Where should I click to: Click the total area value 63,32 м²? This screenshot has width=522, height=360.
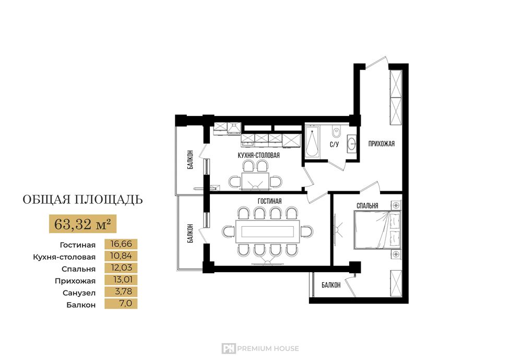click(x=82, y=224)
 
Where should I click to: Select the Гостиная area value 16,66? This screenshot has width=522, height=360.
click(x=121, y=244)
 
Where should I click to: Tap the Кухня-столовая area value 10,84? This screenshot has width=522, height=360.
click(x=121, y=256)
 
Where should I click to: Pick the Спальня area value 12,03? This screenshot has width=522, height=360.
click(x=121, y=268)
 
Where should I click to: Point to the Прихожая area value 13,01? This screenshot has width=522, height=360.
click(x=121, y=280)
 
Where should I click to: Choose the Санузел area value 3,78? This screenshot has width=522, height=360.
click(x=123, y=292)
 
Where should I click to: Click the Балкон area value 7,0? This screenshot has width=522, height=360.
click(x=125, y=304)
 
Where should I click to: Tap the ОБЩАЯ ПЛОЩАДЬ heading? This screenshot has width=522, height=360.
click(x=82, y=200)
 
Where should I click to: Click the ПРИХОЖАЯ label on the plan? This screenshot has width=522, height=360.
click(x=382, y=144)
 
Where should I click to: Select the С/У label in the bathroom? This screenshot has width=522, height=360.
click(x=334, y=144)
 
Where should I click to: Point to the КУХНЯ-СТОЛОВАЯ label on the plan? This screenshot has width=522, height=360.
click(x=259, y=155)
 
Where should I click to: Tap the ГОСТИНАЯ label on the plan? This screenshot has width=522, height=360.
click(x=270, y=201)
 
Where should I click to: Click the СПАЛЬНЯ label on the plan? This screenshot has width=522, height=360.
click(x=367, y=206)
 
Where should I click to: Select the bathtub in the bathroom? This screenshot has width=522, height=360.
click(x=312, y=141)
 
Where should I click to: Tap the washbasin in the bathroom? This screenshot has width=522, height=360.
click(x=351, y=144)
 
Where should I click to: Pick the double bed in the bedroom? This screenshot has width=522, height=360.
click(x=377, y=230)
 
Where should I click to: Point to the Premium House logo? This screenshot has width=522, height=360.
click(x=260, y=349)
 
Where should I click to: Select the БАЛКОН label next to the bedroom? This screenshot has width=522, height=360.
click(x=331, y=285)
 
